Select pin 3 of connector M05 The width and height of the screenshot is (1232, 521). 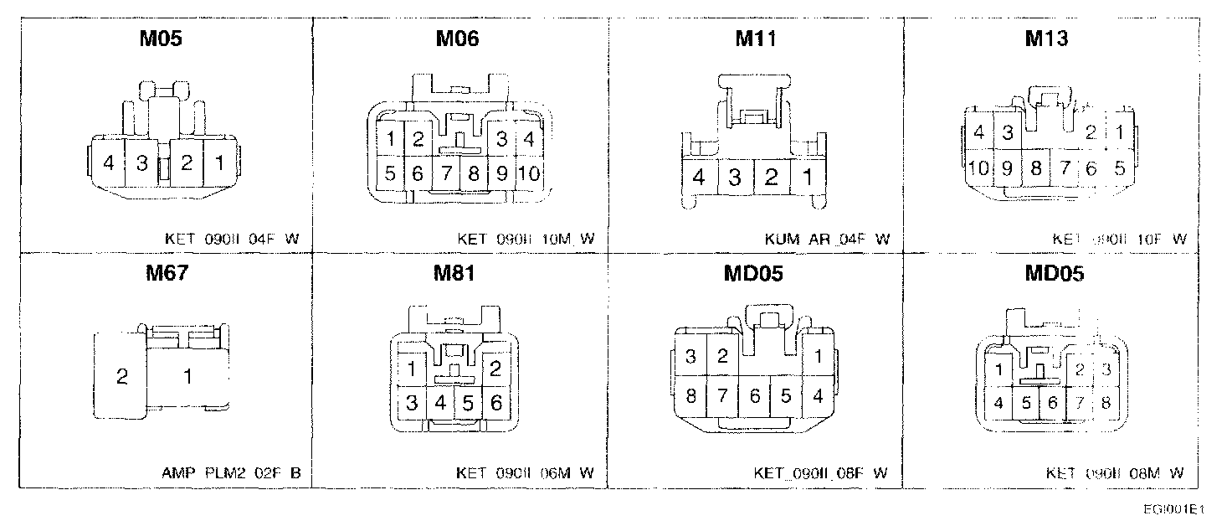coord(142,163)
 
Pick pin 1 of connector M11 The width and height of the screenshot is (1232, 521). coord(808,177)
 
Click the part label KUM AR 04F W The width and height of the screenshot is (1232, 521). coord(827,240)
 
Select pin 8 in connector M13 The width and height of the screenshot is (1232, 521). coord(1035,168)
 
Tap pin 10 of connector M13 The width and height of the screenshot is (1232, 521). coord(978,168)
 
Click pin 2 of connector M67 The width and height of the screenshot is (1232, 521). coord(122,377)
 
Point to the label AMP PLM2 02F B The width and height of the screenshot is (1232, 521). coord(231,473)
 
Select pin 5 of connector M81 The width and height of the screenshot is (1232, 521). coord(468,404)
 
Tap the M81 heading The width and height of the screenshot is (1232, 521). coord(457,274)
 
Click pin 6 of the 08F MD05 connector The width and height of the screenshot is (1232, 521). coord(754,395)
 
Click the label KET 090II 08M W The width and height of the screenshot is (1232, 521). coord(1115,473)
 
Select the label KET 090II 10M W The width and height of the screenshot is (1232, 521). coord(526,240)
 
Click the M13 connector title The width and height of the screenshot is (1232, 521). coord(1045,39)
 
